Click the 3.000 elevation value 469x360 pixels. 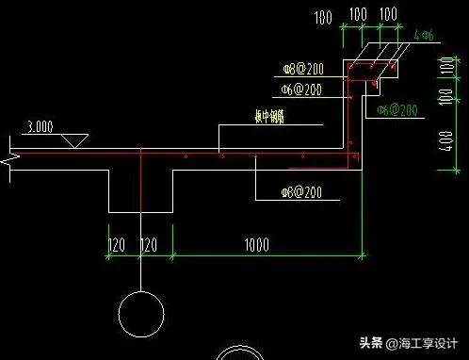click(40, 125)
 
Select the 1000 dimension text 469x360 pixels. click(255, 245)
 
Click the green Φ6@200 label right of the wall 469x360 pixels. click(396, 110)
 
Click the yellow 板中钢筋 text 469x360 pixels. click(247, 119)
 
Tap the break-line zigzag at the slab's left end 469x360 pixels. click(10, 156)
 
